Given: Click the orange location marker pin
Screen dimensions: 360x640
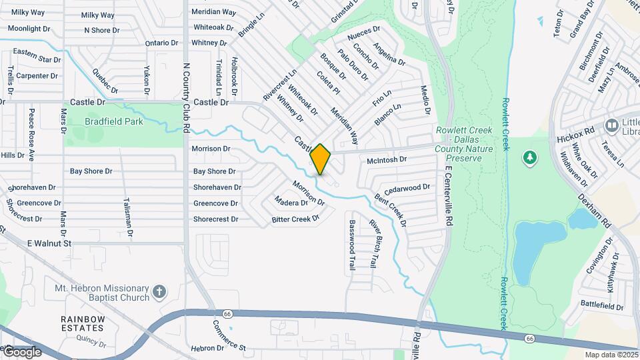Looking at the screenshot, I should (x=321, y=159).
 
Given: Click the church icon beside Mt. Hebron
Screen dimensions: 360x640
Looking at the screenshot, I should (x=159, y=291).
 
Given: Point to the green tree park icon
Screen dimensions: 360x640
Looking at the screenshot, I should (x=530, y=157).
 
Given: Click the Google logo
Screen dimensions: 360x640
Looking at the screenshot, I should (x=21, y=351).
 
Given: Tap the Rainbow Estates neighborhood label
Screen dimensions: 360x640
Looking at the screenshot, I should (x=83, y=323).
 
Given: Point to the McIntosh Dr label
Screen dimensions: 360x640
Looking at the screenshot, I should (x=387, y=161).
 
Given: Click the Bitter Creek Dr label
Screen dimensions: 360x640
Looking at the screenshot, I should (x=296, y=219).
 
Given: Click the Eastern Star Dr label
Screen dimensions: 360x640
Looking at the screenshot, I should (x=37, y=55).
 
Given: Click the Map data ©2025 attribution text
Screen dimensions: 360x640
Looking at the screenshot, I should (x=611, y=355).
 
